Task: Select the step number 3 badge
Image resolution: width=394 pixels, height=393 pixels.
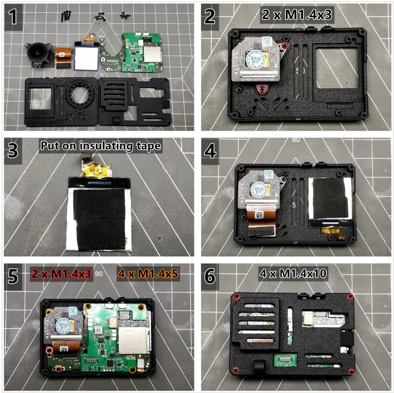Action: pos(14,150)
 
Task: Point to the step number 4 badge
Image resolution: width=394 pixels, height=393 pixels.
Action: pos(210,150)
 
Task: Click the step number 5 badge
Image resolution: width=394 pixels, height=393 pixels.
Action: pos(14,276)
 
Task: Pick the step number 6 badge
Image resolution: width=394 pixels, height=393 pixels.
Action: pos(210,276)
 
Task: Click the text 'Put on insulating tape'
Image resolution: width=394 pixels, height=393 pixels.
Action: pos(101,146)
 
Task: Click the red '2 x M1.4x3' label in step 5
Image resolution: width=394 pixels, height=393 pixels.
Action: pos(62,274)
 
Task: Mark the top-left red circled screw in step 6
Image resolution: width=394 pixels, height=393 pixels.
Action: pos(237,297)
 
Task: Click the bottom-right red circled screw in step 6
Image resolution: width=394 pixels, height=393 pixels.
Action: pos(351,372)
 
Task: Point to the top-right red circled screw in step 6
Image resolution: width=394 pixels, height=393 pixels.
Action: pos(350,297)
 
